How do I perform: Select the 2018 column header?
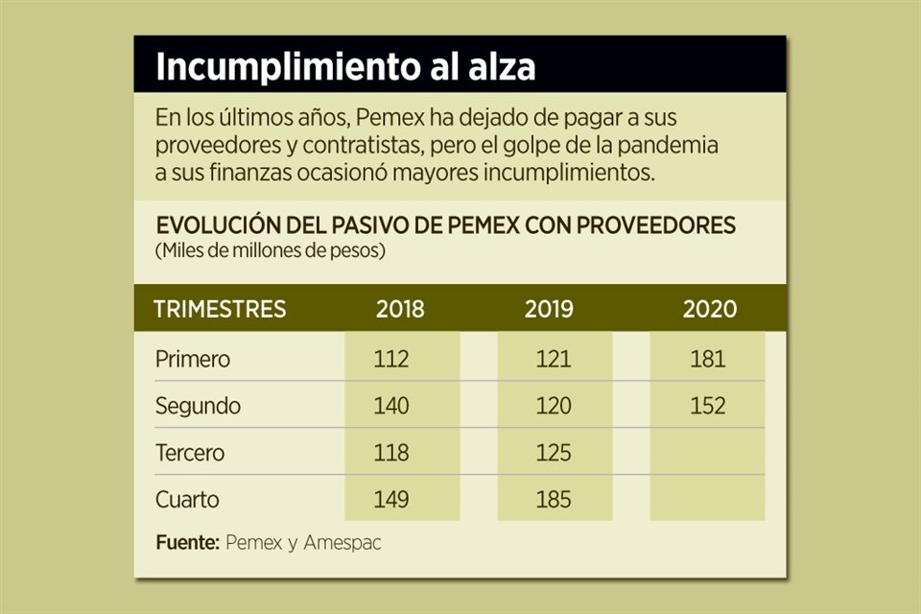pos(400,309)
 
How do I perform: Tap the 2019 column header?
pos(550,309)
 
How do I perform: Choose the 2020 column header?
pos(710,309)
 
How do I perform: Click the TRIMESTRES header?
pos(220,309)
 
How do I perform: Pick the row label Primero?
pos(193,360)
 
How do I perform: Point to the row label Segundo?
pos(198,406)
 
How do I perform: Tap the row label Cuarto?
pos(187,499)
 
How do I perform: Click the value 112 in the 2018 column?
pos(391,360)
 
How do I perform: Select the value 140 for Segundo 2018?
pos(391,406)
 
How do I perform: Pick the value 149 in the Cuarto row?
pos(391,499)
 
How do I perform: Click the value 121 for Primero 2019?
pos(554,360)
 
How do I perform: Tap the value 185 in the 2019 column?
pos(554,499)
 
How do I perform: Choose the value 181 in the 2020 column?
pos(708,360)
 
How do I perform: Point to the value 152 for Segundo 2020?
pos(708,406)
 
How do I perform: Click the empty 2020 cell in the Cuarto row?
pos(708,499)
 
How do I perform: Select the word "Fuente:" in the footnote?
pos(187,542)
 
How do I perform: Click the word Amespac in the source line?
pos(342,542)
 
